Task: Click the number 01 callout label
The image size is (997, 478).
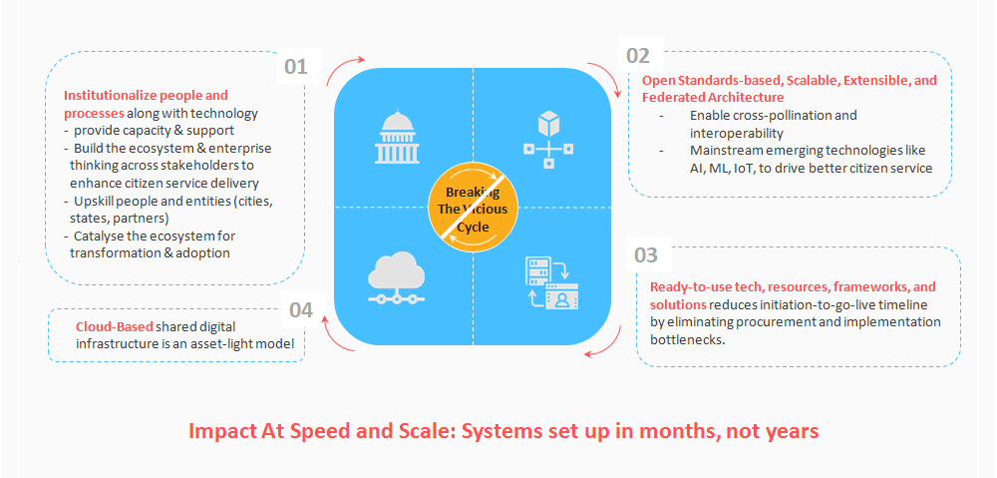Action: point(295,67)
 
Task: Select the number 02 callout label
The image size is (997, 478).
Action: point(637,56)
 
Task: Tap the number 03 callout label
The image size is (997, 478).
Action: point(646,254)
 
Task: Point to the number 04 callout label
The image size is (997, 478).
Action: point(301,309)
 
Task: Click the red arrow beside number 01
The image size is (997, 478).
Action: point(345,67)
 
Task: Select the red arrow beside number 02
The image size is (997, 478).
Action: point(599,75)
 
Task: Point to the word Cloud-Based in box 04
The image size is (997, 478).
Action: point(114,326)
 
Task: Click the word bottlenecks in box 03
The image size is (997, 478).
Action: point(687,339)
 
